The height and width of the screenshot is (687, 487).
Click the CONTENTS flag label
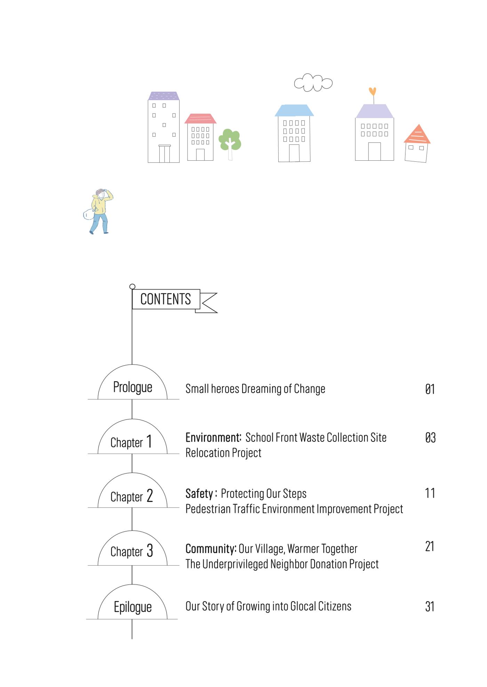[x=166, y=299]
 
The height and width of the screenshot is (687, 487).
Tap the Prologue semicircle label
[x=133, y=387]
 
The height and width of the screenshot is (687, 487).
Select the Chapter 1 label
[x=131, y=442]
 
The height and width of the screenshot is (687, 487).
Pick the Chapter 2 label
[x=131, y=496]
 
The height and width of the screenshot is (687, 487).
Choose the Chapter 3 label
[x=131, y=551]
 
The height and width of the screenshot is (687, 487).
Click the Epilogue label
[x=133, y=607]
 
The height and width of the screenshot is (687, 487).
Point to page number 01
[x=430, y=389]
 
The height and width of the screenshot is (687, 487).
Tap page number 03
[x=430, y=438]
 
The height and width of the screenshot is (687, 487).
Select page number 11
[x=430, y=493]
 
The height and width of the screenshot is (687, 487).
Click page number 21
[x=430, y=546]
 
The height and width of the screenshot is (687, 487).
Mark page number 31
[x=430, y=607]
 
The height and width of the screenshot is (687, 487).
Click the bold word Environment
[x=213, y=437]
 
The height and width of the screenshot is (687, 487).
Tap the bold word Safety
[x=199, y=494]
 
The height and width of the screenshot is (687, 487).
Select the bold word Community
[x=211, y=549]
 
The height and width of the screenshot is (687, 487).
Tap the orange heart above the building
[x=373, y=91]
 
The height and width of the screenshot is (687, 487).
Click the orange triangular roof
[x=417, y=135]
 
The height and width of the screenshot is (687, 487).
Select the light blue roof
[x=294, y=110]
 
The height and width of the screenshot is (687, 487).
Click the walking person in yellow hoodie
[x=98, y=211]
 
